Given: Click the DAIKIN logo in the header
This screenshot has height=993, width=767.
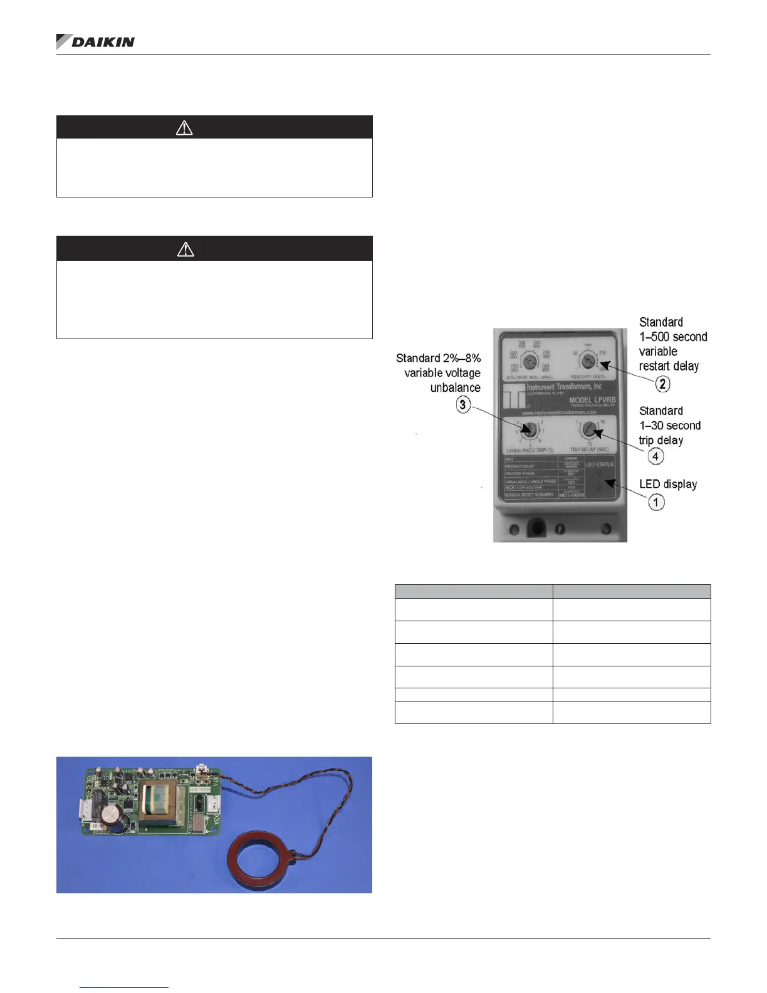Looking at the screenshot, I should [x=96, y=42].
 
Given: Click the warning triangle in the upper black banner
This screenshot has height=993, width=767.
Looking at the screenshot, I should [x=184, y=128].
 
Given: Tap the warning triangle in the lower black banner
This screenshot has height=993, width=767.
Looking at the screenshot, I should [x=185, y=250].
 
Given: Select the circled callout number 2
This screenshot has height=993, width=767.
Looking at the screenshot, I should [x=662, y=384].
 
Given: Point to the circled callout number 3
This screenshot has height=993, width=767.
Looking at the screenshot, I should [x=463, y=405].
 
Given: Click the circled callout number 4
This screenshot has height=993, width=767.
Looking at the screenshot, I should [x=655, y=456].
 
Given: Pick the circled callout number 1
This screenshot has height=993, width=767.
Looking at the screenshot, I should [x=656, y=502].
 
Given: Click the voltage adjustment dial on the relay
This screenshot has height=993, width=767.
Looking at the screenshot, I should [x=529, y=362].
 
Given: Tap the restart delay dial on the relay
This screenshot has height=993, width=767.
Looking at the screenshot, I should [x=588, y=360].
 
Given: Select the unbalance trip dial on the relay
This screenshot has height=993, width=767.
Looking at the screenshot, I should [x=529, y=430].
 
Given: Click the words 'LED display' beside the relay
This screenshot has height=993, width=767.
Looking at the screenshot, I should [x=668, y=484].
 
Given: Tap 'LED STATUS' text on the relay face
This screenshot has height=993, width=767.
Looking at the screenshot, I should [x=599, y=465].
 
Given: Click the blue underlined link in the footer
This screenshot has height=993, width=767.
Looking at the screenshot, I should [x=125, y=987].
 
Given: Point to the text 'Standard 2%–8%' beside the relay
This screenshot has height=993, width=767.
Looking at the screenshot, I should [x=439, y=358].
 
